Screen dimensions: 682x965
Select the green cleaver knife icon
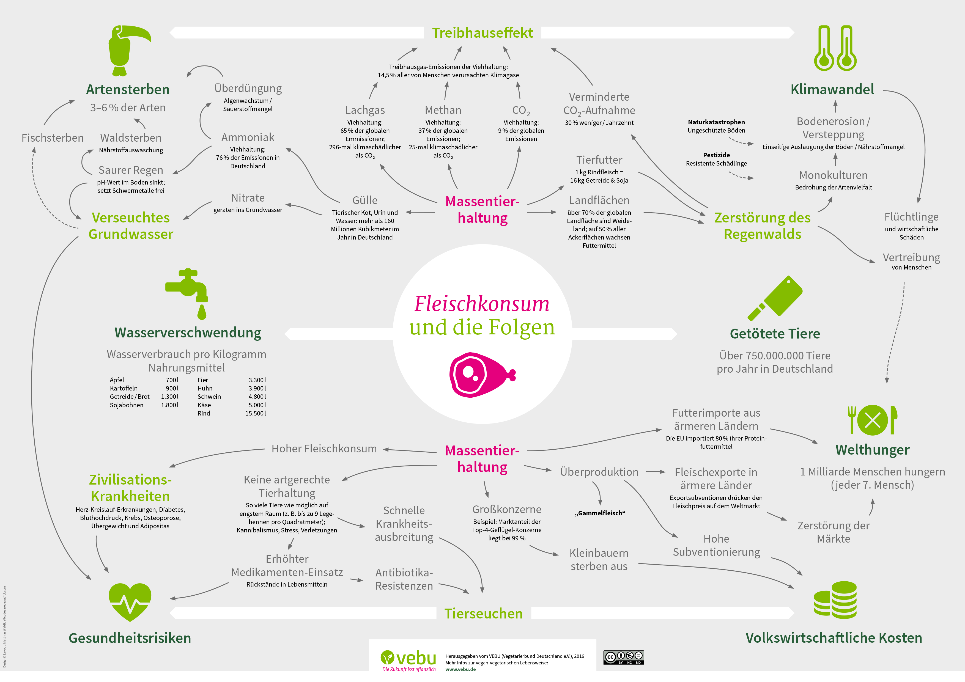point(775,298)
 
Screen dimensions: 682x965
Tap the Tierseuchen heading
point(483,614)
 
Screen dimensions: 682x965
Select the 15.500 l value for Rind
point(256,414)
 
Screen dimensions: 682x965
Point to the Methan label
point(443,110)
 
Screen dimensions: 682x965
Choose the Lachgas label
point(365,110)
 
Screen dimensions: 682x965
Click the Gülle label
point(365,200)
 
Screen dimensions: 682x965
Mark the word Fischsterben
point(53,138)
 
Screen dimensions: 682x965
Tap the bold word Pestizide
point(716,155)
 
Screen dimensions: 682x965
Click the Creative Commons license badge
point(623,658)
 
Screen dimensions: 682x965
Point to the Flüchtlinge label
point(911,217)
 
